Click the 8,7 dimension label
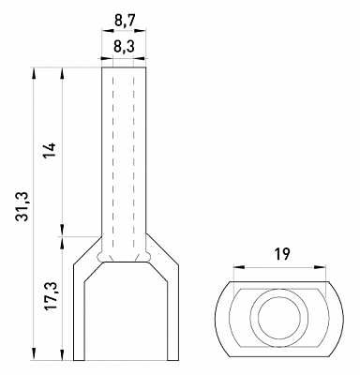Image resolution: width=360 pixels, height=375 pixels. (125, 21)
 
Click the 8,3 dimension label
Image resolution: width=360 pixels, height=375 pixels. (124, 47)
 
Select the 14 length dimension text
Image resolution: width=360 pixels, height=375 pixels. (50, 150)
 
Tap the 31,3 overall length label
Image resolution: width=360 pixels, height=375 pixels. (22, 206)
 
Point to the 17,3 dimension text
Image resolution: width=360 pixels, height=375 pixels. (50, 295)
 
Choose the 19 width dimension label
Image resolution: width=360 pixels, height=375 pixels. (283, 255)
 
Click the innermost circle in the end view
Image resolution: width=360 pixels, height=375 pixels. (279, 318)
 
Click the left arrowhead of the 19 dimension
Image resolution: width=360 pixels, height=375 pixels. (239, 267)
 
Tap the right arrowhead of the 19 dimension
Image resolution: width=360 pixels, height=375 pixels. (320, 267)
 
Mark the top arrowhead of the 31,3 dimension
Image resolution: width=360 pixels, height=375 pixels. (34, 73)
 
